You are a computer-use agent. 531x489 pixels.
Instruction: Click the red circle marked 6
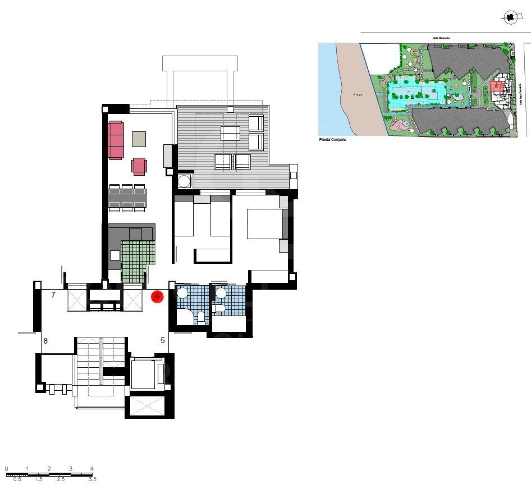point(158,296)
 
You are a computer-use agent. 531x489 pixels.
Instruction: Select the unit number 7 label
point(53,295)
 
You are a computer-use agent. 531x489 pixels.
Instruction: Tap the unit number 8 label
point(45,340)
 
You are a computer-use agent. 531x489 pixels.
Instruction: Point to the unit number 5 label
point(163,340)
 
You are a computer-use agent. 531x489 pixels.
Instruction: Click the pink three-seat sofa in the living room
point(116,140)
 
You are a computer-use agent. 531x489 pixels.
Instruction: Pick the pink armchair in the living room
point(139,166)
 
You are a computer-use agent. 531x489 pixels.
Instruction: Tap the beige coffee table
point(139,138)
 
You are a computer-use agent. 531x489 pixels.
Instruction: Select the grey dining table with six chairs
point(127,198)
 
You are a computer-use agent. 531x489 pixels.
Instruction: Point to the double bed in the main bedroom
point(259,225)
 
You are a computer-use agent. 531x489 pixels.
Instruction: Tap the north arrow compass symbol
point(509,18)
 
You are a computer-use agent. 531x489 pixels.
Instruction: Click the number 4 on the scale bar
point(91,468)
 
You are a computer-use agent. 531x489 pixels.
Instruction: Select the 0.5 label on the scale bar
point(17,479)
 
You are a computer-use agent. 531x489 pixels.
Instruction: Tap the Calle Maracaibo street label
point(441,38)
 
